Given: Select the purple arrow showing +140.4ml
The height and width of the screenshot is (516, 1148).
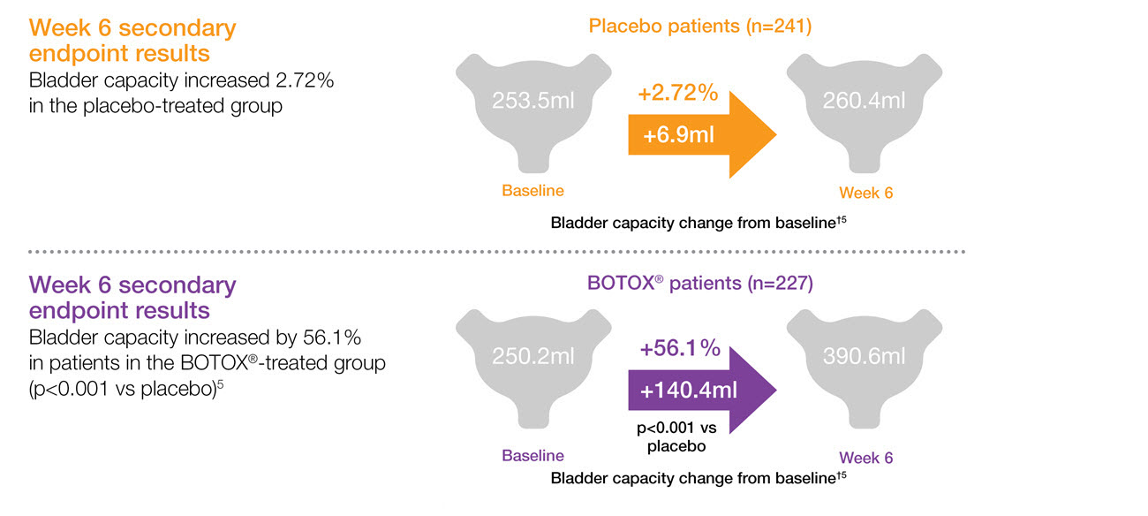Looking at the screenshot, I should pyautogui.click(x=698, y=391).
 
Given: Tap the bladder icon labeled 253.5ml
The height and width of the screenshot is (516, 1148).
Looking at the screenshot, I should pyautogui.click(x=533, y=106).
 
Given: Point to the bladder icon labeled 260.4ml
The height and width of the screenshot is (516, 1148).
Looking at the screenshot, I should pyautogui.click(x=863, y=106).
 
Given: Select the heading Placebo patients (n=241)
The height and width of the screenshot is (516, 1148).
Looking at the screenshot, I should pyautogui.click(x=700, y=27).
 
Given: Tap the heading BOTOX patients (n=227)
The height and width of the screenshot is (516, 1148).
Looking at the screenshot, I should pyautogui.click(x=700, y=284).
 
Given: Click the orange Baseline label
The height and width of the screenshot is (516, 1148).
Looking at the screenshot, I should pyautogui.click(x=532, y=190).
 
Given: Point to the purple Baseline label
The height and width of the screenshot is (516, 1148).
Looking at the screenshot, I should pyautogui.click(x=532, y=456).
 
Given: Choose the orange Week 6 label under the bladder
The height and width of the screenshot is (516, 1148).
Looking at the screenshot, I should pyautogui.click(x=865, y=193).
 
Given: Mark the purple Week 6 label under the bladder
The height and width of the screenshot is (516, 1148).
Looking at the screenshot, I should pyautogui.click(x=865, y=458).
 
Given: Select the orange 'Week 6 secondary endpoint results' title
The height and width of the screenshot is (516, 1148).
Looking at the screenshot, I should pyautogui.click(x=132, y=41).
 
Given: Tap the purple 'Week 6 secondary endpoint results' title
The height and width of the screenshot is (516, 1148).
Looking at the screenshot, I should pyautogui.click(x=132, y=298).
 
